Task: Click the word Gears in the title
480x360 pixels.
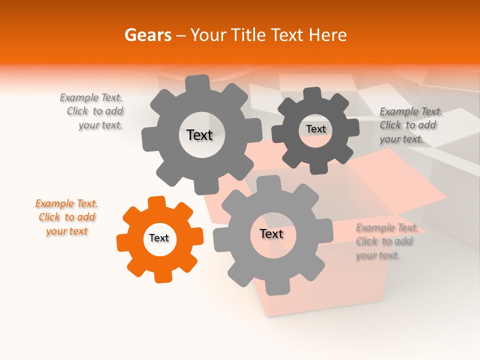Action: pos(147,35)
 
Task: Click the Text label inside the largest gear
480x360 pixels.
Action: pos(199,135)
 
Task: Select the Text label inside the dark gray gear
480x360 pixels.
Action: pos(315,129)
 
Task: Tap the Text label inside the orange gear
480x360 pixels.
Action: pos(159,238)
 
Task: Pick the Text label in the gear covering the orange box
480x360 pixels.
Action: pos(271,234)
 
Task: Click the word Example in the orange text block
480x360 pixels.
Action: pos(54,203)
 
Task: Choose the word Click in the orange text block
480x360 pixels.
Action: pos(49,217)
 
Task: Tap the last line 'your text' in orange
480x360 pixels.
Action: pos(67,231)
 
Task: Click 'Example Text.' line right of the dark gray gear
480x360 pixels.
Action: pos(411,111)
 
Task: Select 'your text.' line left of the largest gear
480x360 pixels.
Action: pos(100,125)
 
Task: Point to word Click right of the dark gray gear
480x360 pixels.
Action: pos(390,125)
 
